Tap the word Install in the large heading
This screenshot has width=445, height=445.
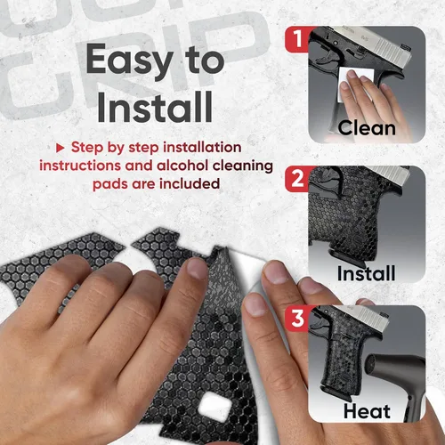click(x=155, y=107)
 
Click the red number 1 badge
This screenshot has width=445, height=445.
click(x=296, y=39)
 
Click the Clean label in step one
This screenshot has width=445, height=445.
click(x=367, y=128)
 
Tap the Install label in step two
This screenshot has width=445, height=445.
click(x=366, y=273)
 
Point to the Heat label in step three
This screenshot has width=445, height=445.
click(x=367, y=411)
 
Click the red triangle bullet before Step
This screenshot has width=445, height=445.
click(x=61, y=148)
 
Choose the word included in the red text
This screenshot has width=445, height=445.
click(x=190, y=184)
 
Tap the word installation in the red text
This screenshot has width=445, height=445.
click(x=202, y=147)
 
